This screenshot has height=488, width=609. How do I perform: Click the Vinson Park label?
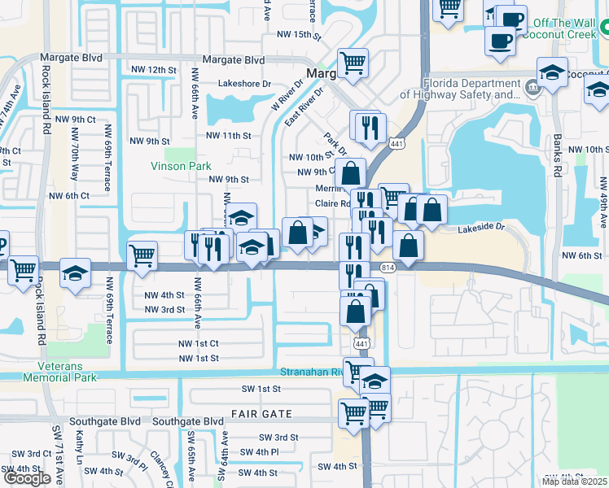[181, 166]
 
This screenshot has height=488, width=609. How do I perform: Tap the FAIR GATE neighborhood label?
[261, 414]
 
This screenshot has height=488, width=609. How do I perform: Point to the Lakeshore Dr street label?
[244, 84]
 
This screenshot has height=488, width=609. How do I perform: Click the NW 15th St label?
[300, 34]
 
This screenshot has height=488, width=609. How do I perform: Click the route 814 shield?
[388, 267]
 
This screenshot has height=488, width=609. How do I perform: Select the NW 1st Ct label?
[199, 344]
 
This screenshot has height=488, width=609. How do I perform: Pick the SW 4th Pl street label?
[259, 451]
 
